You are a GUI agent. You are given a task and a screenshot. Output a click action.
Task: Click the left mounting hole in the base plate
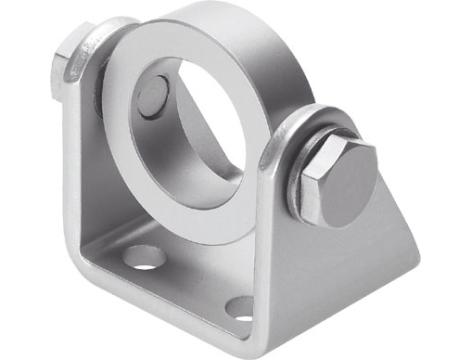coord(146,258)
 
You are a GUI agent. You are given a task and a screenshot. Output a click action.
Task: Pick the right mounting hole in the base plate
coord(241,307)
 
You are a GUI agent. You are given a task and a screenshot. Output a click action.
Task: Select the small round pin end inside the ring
coord(151,96)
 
